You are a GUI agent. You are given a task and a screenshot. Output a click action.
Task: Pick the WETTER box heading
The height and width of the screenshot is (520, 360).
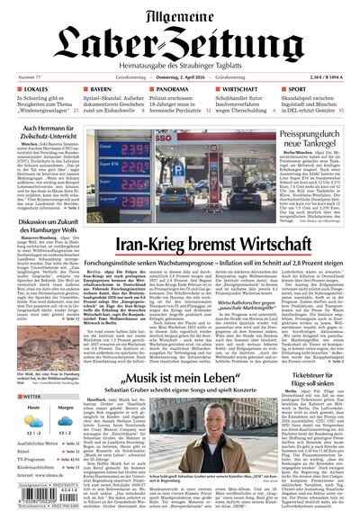(x=34, y=396)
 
